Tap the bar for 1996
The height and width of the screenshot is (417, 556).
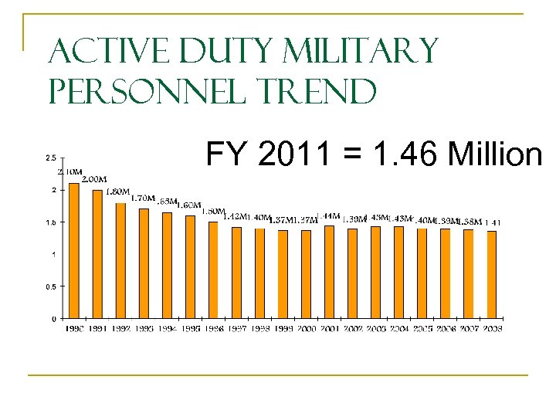pyautogui.click(x=213, y=270)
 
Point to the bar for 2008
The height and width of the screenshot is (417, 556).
pyautogui.click(x=491, y=274)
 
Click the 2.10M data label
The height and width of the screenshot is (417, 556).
pyautogui.click(x=70, y=171)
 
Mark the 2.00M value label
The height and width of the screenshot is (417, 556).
pyautogui.click(x=94, y=179)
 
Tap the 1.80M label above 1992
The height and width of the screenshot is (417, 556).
pyautogui.click(x=117, y=192)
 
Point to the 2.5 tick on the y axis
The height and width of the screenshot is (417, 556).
pyautogui.click(x=49, y=158)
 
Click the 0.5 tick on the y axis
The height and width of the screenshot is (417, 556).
pyautogui.click(x=49, y=286)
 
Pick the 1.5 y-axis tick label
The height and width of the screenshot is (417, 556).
pyautogui.click(x=49, y=222)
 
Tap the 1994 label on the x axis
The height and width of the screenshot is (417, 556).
pyautogui.click(x=167, y=328)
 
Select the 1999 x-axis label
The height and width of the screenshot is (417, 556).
pyautogui.click(x=283, y=328)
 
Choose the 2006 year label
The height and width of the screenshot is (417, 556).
pyautogui.click(x=445, y=328)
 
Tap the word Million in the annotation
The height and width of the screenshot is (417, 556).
pyautogui.click(x=493, y=154)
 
